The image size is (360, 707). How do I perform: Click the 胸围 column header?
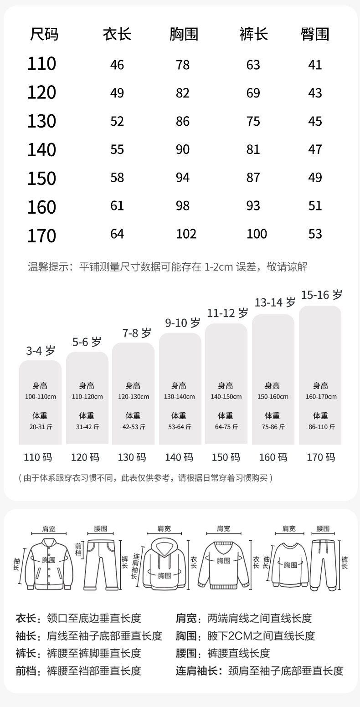(184, 34)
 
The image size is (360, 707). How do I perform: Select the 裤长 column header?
(253, 34)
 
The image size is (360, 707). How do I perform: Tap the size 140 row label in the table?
(41, 150)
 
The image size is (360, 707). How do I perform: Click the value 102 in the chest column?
(186, 234)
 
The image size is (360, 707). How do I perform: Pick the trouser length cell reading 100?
(257, 234)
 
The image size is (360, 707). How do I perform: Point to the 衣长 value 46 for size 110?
(117, 65)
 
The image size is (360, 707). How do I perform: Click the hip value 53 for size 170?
(315, 234)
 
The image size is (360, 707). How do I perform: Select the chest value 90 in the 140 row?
(183, 150)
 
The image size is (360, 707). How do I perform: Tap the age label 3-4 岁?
(41, 351)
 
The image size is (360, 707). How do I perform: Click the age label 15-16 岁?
(321, 295)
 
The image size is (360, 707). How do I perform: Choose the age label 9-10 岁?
(182, 323)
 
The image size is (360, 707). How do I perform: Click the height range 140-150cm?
(226, 397)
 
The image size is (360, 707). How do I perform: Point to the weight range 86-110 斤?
(321, 427)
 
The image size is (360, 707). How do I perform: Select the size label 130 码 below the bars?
(132, 457)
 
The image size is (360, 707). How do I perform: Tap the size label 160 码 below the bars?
(273, 457)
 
